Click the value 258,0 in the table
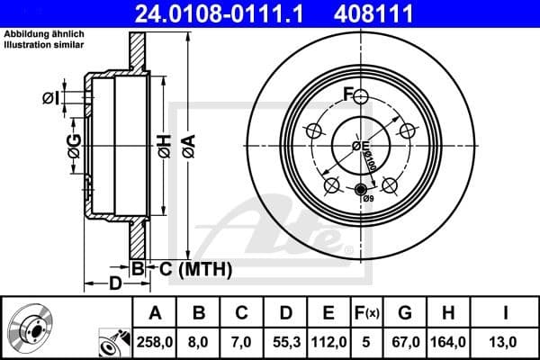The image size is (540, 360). [156, 342]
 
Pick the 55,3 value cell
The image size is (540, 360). [285, 342]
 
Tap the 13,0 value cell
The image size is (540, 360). [507, 342]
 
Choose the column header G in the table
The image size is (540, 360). [405, 314]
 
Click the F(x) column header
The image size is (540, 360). [366, 314]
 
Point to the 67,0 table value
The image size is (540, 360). [405, 342]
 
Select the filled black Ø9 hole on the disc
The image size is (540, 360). [362, 190]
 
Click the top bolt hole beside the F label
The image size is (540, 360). [361, 96]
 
